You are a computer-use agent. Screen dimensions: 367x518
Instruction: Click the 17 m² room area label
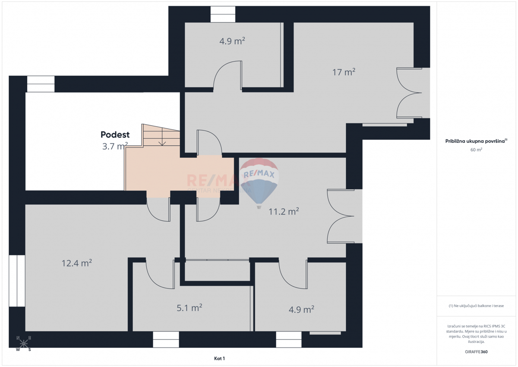tap(344, 72)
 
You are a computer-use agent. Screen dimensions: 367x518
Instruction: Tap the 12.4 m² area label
tap(77, 263)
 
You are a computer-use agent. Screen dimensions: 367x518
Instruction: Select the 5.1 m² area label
tap(190, 308)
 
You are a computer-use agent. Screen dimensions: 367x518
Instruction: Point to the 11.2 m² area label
tap(283, 211)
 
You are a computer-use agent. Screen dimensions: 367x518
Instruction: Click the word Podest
tap(115, 134)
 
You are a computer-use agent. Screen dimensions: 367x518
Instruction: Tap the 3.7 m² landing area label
tap(115, 146)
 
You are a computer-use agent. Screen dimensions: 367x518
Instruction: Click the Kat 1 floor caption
tap(220, 358)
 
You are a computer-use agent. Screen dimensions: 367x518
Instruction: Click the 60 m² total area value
tap(476, 150)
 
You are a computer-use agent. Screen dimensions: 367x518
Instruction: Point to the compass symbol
tap(23, 344)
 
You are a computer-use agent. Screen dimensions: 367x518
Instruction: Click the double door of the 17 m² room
tap(409, 93)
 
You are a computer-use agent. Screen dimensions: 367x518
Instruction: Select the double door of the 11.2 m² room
tap(341, 216)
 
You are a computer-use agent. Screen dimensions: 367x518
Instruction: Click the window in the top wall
tap(223, 14)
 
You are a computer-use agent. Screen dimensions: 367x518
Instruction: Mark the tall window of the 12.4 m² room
tap(17, 281)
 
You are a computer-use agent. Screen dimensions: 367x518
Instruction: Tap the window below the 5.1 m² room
tap(166, 339)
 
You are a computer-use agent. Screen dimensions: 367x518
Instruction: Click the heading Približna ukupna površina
tap(476, 141)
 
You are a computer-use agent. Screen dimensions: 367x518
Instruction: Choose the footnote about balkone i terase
tap(476, 306)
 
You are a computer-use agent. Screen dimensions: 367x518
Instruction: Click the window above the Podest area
tap(41, 84)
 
